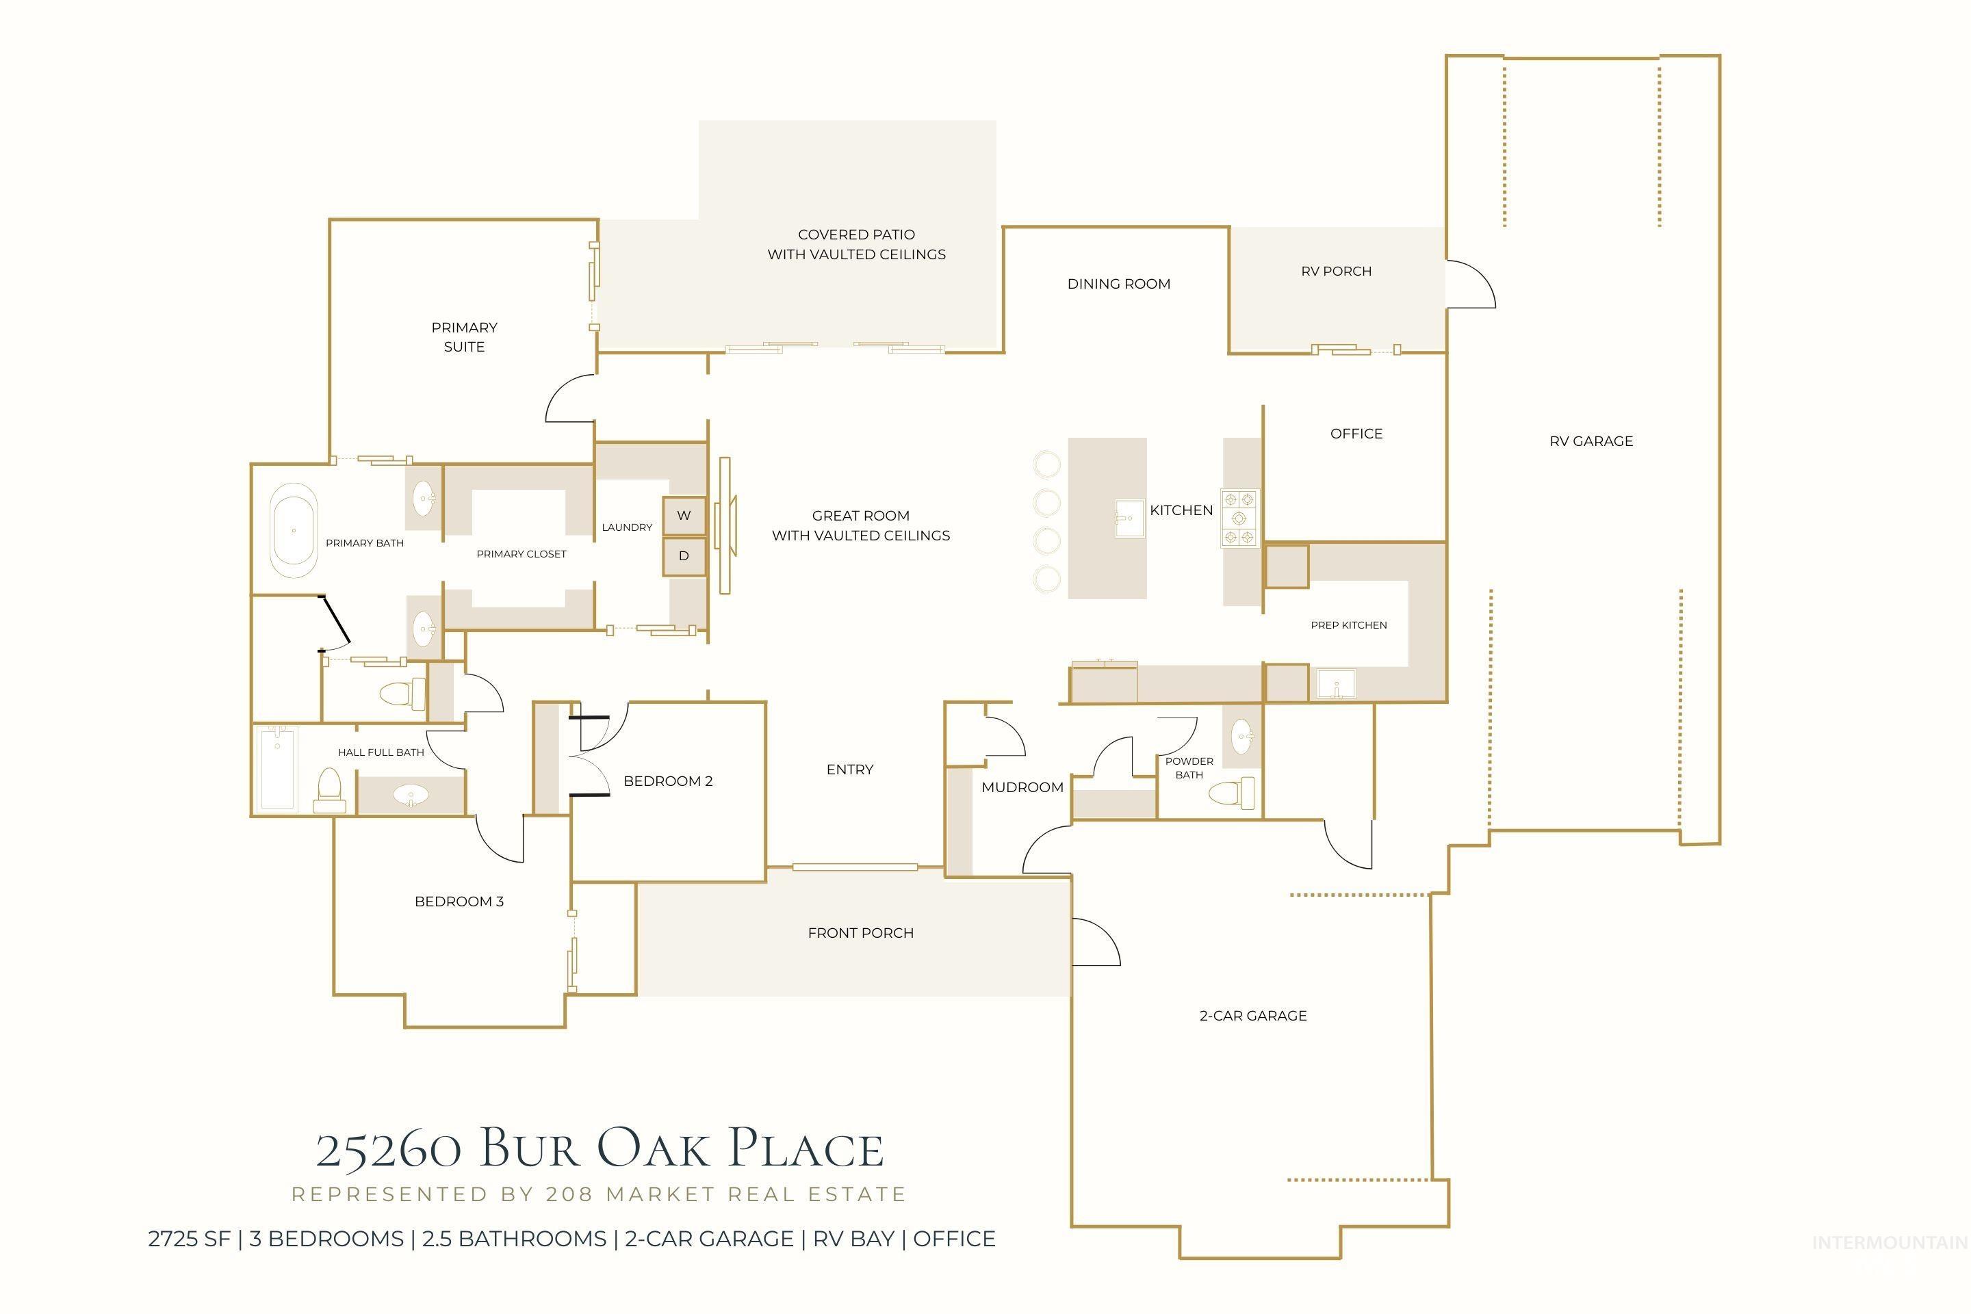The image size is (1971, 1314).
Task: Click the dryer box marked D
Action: tap(684, 556)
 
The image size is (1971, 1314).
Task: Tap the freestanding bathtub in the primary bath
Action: tap(294, 536)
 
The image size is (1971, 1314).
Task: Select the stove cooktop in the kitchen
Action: tap(1239, 518)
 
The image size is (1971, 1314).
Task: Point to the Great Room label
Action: tap(860, 525)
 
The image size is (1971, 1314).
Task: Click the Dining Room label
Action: tap(1118, 284)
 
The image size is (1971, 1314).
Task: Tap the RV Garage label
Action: tap(1590, 442)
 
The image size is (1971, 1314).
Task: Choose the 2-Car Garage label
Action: tap(1252, 1016)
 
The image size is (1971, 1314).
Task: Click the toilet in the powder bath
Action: tap(1233, 792)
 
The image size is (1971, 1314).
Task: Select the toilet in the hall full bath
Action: tap(329, 790)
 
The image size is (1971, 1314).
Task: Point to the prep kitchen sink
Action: tap(1337, 683)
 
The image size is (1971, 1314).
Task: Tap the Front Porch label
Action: tap(860, 933)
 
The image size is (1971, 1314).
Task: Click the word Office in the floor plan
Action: tap(1356, 434)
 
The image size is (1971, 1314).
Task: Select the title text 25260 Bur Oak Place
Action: tap(600, 1150)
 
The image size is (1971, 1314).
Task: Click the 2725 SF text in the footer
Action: tap(189, 1239)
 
